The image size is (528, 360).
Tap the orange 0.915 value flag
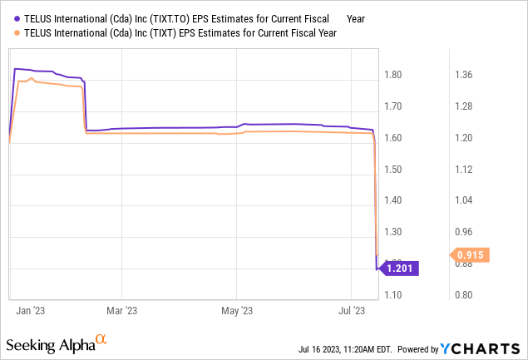[x=471, y=255]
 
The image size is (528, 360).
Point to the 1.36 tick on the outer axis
[x=463, y=75]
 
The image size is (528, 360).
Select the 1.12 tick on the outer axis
[x=463, y=170]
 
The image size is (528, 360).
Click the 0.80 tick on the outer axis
[x=463, y=295]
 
